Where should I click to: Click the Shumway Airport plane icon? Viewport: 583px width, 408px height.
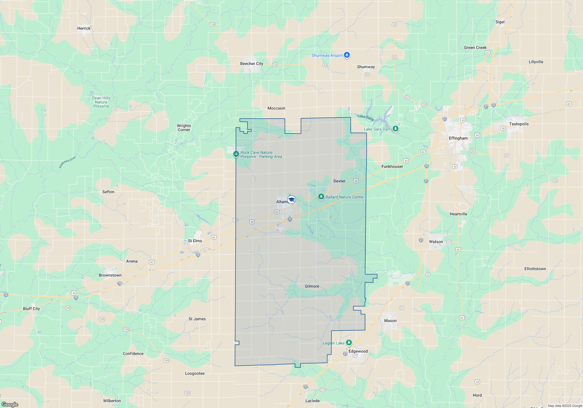click(347, 55)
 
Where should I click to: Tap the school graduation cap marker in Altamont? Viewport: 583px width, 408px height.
click(291, 200)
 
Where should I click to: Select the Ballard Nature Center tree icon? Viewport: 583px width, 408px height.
click(321, 197)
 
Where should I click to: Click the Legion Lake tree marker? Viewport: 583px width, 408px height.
click(349, 343)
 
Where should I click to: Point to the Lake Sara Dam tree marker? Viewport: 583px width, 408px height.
click(395, 129)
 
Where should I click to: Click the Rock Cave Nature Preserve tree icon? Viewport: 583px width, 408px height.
click(236, 154)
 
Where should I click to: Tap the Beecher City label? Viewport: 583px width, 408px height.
click(252, 64)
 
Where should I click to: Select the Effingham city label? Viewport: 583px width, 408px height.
click(458, 138)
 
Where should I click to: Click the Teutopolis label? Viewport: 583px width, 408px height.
click(519, 124)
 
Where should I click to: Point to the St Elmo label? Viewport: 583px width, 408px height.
click(195, 241)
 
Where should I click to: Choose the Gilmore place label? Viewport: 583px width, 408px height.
click(312, 286)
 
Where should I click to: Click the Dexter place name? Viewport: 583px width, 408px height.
click(339, 181)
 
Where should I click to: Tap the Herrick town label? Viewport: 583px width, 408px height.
click(84, 28)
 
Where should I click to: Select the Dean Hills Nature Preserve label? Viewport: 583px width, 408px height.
click(101, 102)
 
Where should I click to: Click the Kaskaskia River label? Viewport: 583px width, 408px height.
click(67, 162)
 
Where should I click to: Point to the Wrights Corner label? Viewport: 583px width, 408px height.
click(184, 128)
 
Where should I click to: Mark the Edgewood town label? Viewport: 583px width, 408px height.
click(358, 351)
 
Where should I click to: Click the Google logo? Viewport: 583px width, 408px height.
click(10, 404)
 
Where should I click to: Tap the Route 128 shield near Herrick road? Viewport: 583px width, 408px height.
click(212, 24)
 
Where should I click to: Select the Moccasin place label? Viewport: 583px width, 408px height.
click(276, 108)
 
